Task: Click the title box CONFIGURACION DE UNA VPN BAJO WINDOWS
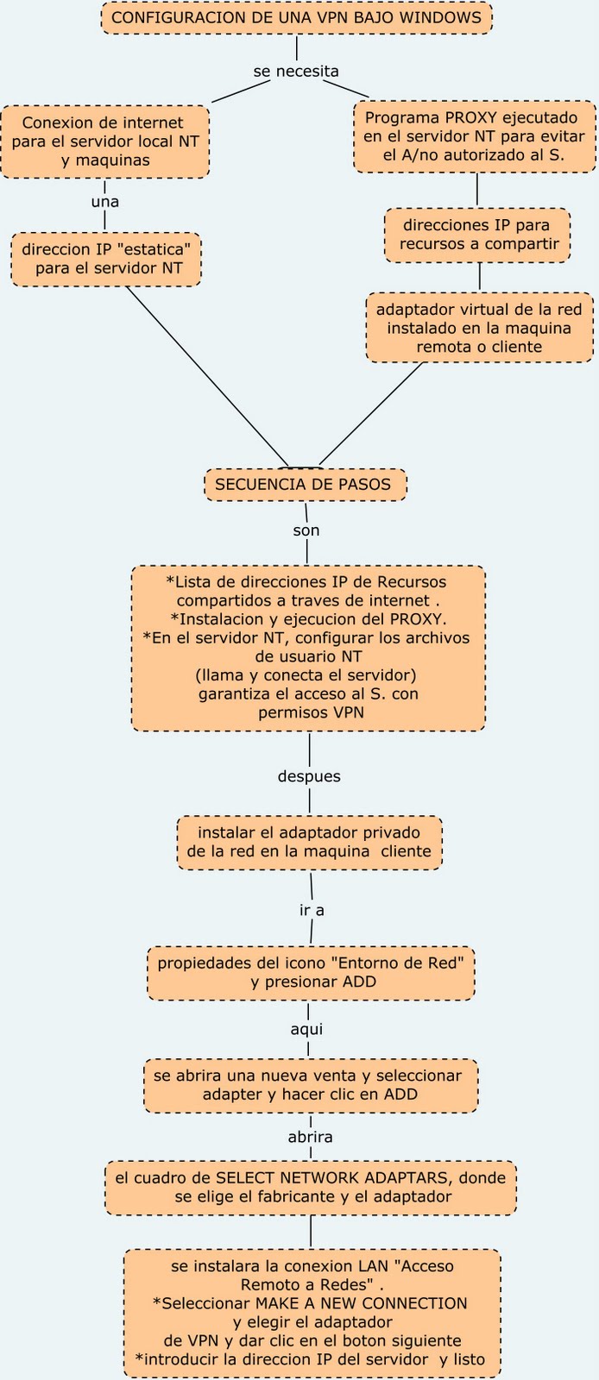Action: (296, 17)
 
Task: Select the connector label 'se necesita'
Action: (296, 72)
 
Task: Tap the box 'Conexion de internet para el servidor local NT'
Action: (104, 141)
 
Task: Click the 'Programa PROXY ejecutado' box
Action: (475, 136)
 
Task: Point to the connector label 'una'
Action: (104, 202)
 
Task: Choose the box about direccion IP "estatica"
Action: (105, 259)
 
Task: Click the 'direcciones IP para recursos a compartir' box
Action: (477, 235)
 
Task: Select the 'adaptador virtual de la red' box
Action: (479, 328)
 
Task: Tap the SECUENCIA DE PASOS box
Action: (305, 484)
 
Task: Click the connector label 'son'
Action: (306, 530)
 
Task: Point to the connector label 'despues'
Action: (309, 776)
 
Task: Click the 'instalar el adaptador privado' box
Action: (309, 843)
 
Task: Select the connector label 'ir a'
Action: (312, 910)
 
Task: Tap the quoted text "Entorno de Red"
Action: (410, 963)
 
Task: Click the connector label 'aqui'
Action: (306, 1029)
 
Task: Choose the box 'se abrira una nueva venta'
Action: (310, 1085)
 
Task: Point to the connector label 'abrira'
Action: (310, 1137)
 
